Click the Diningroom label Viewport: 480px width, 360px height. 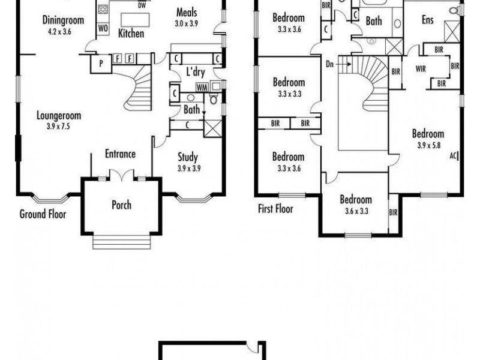point(63,20)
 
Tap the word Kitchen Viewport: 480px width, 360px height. point(131,34)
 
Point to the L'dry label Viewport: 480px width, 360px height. point(194,72)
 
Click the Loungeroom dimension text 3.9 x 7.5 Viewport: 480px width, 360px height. point(58,127)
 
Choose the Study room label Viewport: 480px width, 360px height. point(188,158)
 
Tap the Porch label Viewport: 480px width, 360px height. point(121,205)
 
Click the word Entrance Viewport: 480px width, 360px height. point(120,154)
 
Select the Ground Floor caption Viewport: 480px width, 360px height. point(43,214)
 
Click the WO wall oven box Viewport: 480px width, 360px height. point(103,28)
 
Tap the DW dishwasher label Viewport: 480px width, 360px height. point(142,5)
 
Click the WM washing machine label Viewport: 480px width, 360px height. point(202,87)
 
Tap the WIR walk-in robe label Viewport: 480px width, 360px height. point(421,69)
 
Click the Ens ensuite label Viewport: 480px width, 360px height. point(427,20)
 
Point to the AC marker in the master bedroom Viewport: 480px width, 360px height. point(454,155)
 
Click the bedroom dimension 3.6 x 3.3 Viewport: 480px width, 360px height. point(356,211)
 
